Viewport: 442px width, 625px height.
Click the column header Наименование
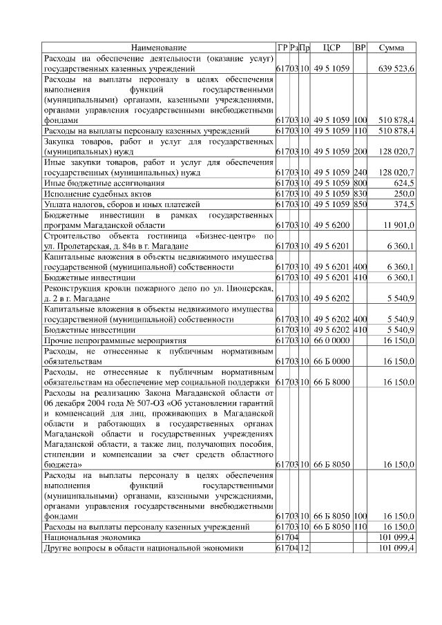coord(159,48)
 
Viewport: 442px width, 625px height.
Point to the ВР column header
coord(360,48)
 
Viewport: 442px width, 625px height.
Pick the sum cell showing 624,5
coord(402,183)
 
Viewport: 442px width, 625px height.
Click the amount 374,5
coord(403,204)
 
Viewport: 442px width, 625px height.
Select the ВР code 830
coord(360,194)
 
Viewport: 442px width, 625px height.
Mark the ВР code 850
coord(360,204)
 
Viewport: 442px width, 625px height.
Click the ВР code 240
coord(360,172)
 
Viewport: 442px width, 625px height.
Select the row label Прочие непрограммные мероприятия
coord(105,340)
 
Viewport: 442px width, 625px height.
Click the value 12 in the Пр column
coord(305,548)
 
